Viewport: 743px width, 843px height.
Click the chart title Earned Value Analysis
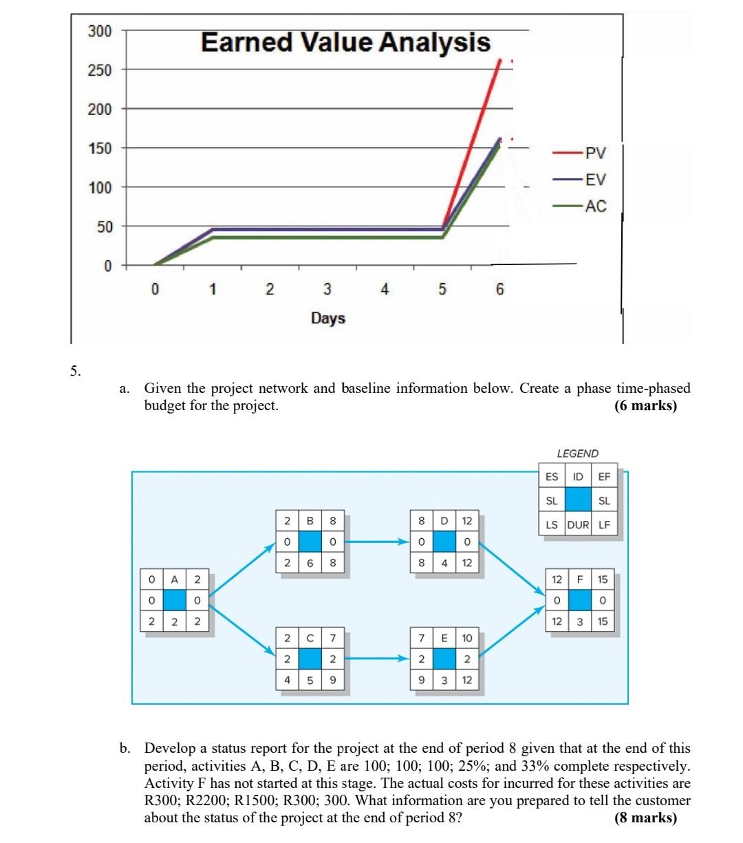pos(345,43)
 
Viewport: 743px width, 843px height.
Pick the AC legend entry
pos(595,206)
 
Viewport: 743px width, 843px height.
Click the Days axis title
pos(328,319)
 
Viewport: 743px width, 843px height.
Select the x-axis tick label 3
pos(327,290)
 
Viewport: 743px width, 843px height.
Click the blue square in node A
pos(175,600)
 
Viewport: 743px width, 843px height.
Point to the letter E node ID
pos(444,638)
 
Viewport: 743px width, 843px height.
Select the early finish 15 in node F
pos(603,580)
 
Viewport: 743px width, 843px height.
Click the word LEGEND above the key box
pos(577,453)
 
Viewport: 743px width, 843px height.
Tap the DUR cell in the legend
pos(577,525)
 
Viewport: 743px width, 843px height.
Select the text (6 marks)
pos(645,405)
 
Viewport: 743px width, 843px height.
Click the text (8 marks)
pos(645,818)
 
